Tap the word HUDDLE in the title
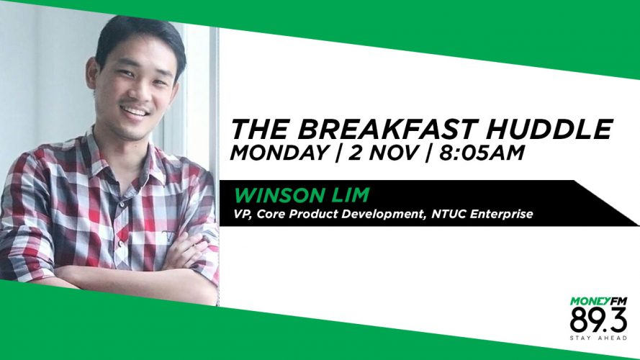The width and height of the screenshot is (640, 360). (x=544, y=129)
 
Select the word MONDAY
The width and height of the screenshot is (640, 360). (x=280, y=153)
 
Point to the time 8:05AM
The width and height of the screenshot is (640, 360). (x=480, y=153)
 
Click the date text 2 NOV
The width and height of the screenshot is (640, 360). (x=383, y=153)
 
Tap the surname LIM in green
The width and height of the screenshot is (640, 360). (x=354, y=195)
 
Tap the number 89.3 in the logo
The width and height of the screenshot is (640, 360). (x=598, y=320)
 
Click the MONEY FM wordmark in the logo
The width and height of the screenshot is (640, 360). (x=598, y=302)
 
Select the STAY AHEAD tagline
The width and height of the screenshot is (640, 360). (x=598, y=338)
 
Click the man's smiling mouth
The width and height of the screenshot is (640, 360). (x=135, y=111)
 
